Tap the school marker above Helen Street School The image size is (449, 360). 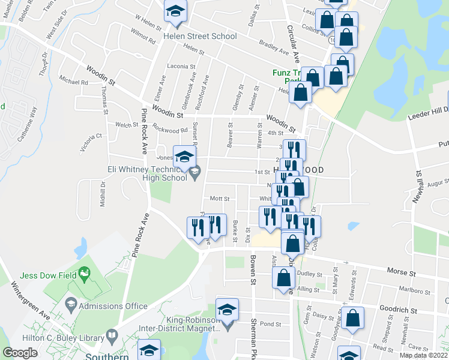[x=175, y=12]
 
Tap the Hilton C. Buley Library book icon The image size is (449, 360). [x=111, y=335]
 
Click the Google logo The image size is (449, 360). [x=20, y=353]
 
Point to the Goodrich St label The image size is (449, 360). [x=397, y=309]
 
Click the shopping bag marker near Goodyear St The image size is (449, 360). [x=353, y=319]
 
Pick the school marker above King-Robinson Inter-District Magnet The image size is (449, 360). [x=227, y=310]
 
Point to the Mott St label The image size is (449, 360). [x=216, y=198]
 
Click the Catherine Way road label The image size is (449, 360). [x=28, y=124]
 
